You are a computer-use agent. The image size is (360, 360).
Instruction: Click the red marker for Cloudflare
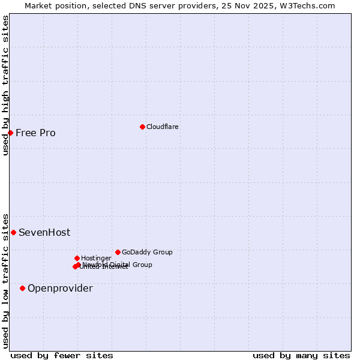point(142,127)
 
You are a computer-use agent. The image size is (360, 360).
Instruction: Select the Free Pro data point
point(11,133)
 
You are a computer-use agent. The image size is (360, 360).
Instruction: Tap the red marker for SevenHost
point(13,232)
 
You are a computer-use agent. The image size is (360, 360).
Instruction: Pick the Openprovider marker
point(23,288)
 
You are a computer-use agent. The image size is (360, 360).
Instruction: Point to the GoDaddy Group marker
point(118,252)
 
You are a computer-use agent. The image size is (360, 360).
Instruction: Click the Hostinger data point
point(77,258)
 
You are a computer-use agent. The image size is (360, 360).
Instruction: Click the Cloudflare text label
point(163,127)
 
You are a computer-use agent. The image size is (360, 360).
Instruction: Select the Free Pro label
point(35,133)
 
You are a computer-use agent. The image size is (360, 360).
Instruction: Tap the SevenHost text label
point(44,232)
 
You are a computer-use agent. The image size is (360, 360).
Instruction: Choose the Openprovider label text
point(60,288)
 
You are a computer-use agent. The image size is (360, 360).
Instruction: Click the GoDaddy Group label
point(147,252)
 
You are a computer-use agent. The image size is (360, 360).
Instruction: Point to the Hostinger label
point(96,258)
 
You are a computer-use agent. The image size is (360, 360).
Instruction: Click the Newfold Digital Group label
point(118,264)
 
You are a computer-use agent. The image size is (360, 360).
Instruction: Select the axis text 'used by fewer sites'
point(62,355)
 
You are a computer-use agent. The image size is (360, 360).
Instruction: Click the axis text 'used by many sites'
point(301,355)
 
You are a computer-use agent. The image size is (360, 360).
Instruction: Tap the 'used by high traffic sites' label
point(5,85)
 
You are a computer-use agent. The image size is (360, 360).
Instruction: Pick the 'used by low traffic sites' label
point(5,280)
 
